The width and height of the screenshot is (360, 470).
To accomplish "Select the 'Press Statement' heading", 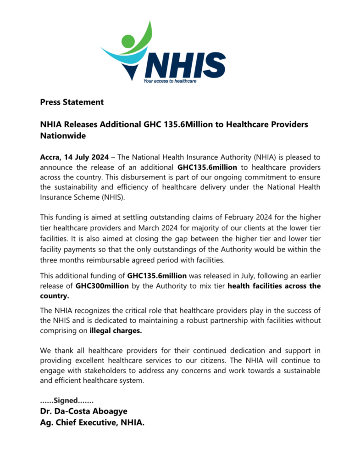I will tap(72, 102).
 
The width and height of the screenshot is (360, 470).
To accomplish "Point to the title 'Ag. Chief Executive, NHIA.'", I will tap(92, 423).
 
